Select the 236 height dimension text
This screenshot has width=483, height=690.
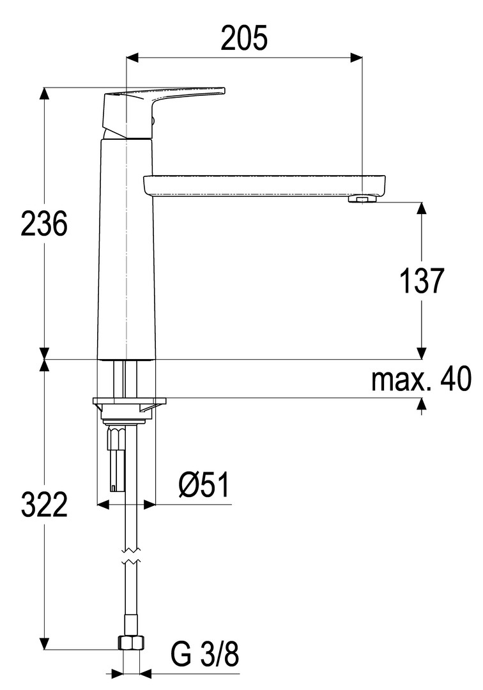[44, 224]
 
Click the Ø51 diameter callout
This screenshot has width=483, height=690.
[204, 486]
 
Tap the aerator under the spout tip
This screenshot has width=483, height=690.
[362, 200]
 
